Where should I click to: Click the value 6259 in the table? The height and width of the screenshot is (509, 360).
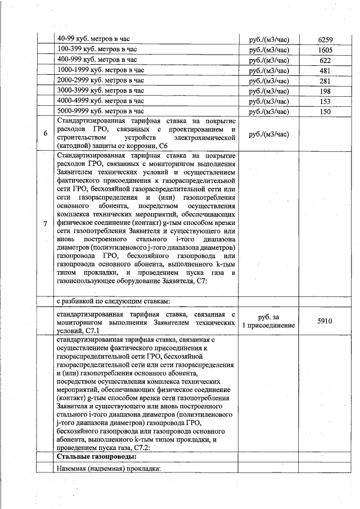326,39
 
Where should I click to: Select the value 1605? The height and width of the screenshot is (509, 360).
326,50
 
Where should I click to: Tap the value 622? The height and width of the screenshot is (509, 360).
326,60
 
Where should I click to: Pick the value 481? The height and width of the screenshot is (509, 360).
326,71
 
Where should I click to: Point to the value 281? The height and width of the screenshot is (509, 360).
326,81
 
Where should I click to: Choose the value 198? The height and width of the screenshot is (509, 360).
326,91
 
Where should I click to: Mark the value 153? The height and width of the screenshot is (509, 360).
326,101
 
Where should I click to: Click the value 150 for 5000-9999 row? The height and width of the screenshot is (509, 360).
326,111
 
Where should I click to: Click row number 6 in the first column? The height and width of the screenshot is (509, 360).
46,134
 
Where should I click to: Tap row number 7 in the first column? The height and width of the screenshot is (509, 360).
46,224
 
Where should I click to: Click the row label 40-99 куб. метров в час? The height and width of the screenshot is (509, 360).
93,39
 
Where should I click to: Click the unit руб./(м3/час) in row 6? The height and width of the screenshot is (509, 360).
268,134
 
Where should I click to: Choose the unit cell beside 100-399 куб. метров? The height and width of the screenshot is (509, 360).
268,50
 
